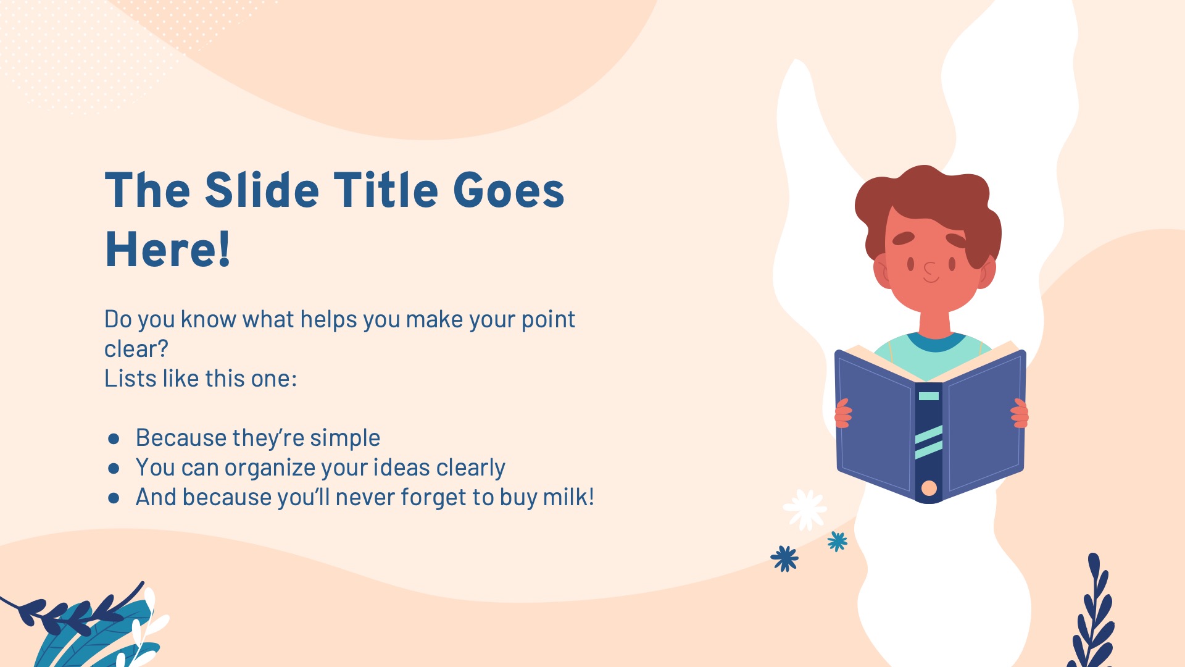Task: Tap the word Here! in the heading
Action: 168,249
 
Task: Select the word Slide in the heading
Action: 262,190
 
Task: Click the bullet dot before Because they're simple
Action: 114,439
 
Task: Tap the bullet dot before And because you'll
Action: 114,498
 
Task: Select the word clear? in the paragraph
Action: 136,349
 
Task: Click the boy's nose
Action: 929,270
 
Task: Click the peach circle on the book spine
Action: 929,489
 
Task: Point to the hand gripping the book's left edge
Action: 842,414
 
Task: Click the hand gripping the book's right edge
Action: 1020,414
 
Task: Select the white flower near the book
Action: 805,510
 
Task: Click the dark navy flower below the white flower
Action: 784,558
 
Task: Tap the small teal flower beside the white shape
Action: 838,542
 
